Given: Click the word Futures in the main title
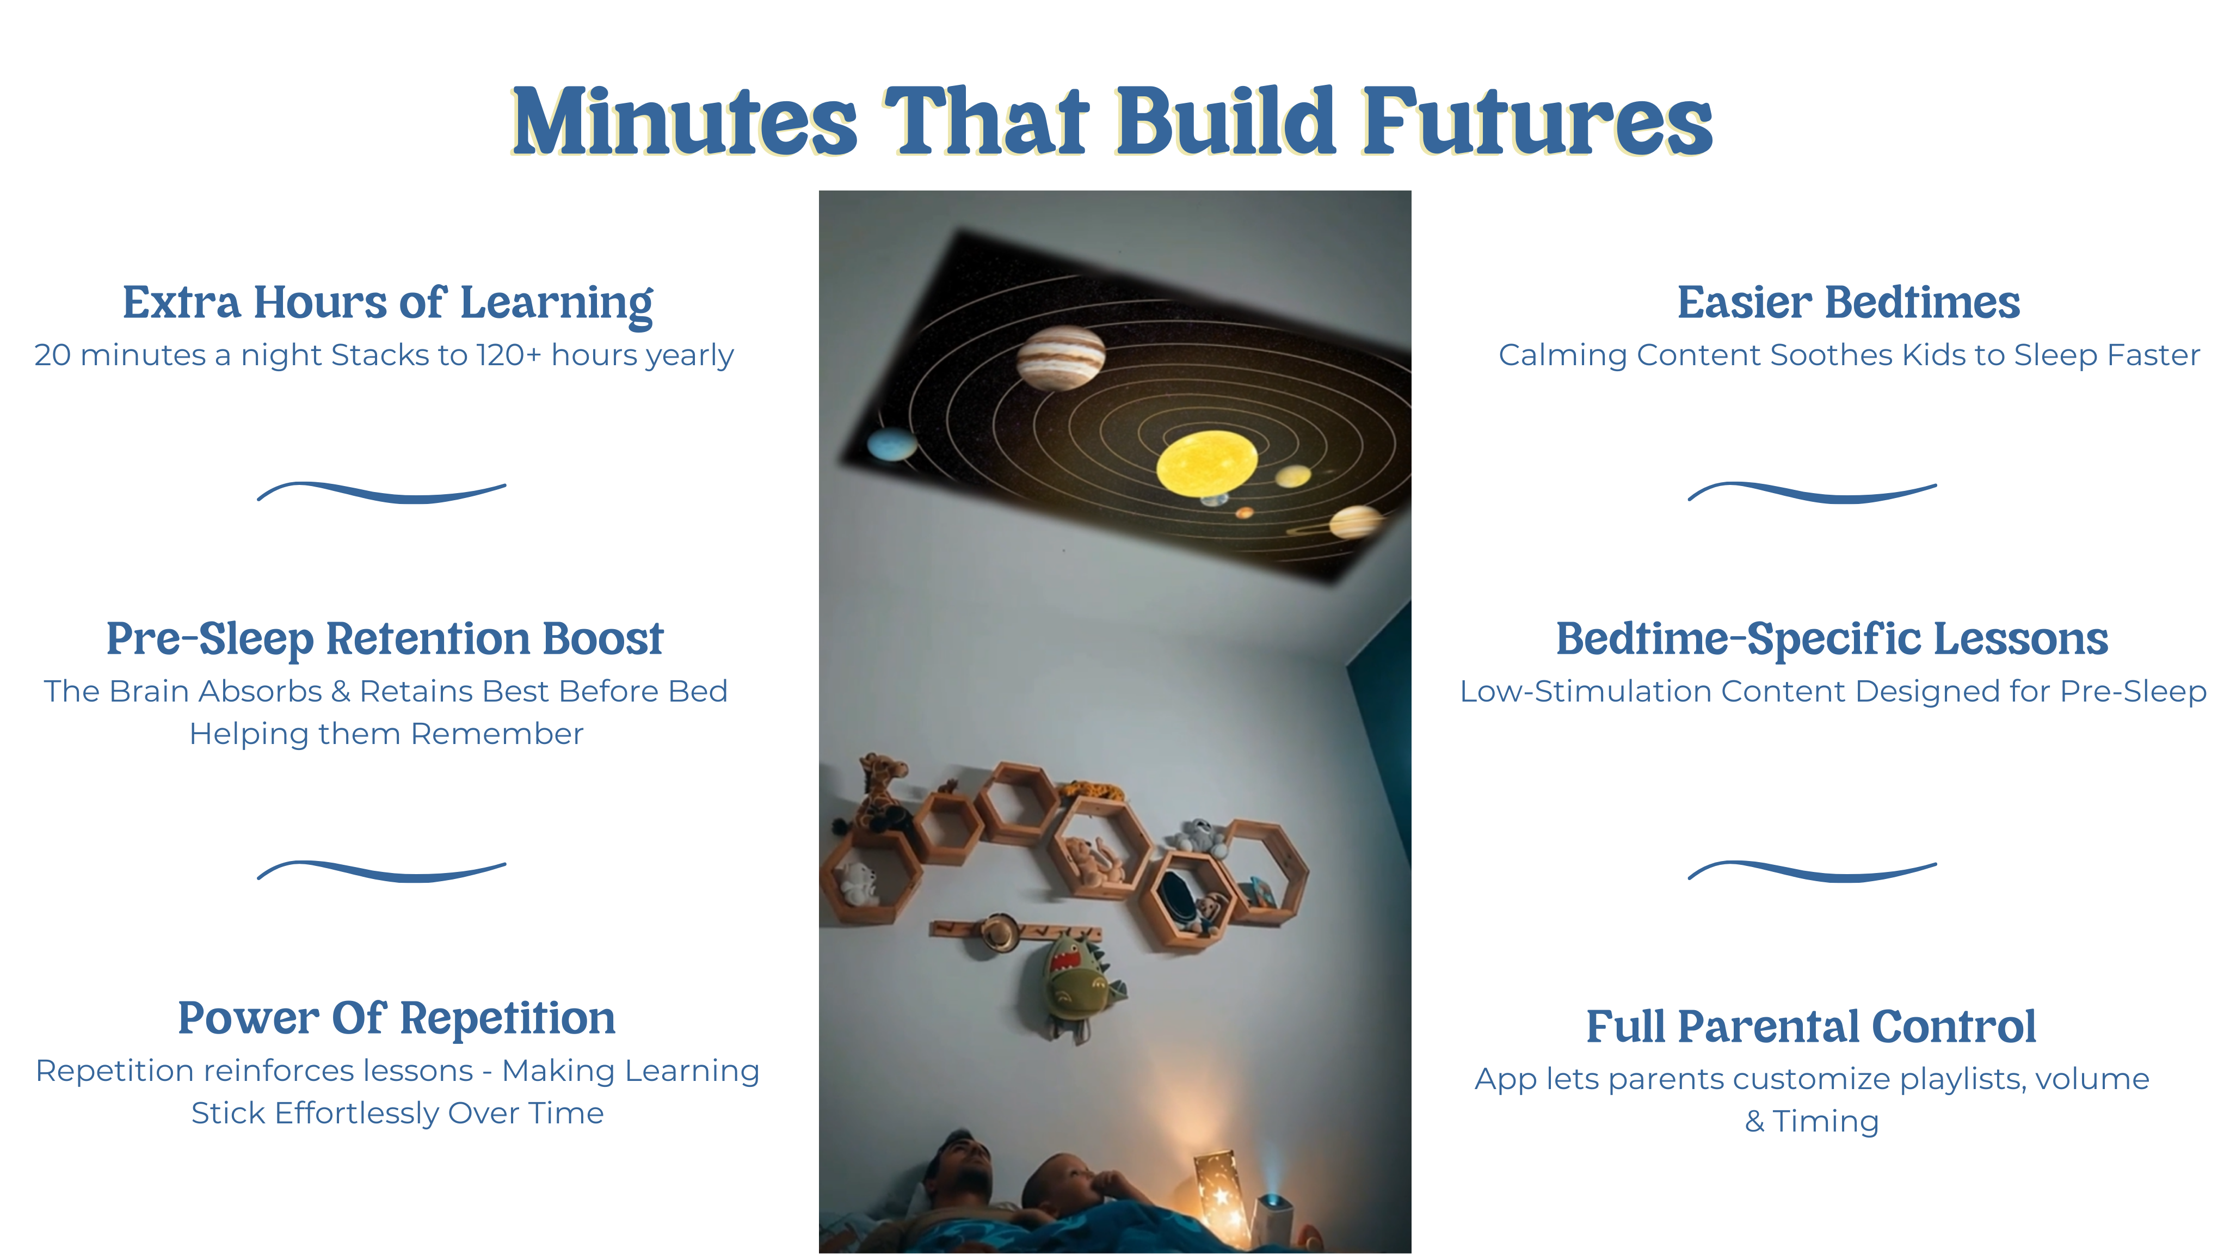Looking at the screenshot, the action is point(1537,121).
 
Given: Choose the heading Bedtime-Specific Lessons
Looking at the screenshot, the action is point(1832,639).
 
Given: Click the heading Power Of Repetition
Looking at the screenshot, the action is point(397,1018).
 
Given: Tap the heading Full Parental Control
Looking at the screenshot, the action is point(1811,1026).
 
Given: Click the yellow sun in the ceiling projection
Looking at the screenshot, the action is point(1207,463).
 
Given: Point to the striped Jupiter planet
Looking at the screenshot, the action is point(1061,358).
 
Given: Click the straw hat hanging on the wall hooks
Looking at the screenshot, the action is point(1000,933).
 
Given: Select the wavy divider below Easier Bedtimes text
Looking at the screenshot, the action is point(1812,492).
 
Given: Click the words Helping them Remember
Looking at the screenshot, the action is point(386,734).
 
